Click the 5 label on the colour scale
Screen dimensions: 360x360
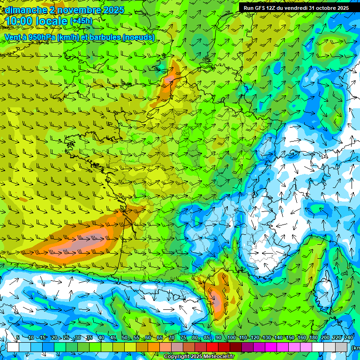click(x=18, y=338)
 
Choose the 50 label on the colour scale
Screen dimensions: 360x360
click(x=124, y=338)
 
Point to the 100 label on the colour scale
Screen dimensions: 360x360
click(x=231, y=338)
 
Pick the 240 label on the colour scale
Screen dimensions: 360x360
click(x=348, y=338)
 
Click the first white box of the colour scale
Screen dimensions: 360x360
click(x=13, y=347)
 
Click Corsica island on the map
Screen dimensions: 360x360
click(x=324, y=293)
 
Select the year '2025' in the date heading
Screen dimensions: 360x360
click(x=114, y=10)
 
